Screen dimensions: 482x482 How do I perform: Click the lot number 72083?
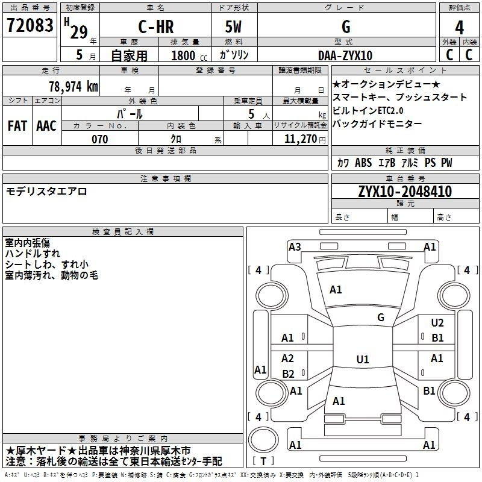(30, 25)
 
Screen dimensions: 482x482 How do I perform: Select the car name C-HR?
(156, 27)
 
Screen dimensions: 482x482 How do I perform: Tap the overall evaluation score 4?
(459, 28)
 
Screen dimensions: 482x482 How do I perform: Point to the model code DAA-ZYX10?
(345, 55)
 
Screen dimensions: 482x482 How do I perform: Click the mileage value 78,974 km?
(74, 87)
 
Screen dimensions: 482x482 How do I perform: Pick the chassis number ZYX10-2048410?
(405, 192)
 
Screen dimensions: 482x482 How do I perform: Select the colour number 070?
(100, 139)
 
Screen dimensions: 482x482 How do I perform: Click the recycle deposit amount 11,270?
(300, 139)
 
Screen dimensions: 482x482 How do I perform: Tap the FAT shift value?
(17, 126)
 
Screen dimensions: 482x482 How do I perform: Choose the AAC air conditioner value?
(46, 126)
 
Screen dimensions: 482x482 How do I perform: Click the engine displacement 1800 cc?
(189, 55)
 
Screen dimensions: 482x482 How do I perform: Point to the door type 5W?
(234, 27)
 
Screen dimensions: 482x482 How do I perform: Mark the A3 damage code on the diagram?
(295, 246)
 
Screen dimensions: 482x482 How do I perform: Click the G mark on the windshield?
(381, 317)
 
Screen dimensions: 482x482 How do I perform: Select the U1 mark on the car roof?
(363, 359)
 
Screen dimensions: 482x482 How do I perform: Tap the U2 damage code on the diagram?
(437, 323)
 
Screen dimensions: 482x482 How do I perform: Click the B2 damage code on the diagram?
(288, 374)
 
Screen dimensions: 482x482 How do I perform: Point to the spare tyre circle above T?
(263, 440)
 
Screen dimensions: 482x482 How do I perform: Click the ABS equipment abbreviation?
(363, 163)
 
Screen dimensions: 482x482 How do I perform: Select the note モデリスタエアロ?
(46, 192)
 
